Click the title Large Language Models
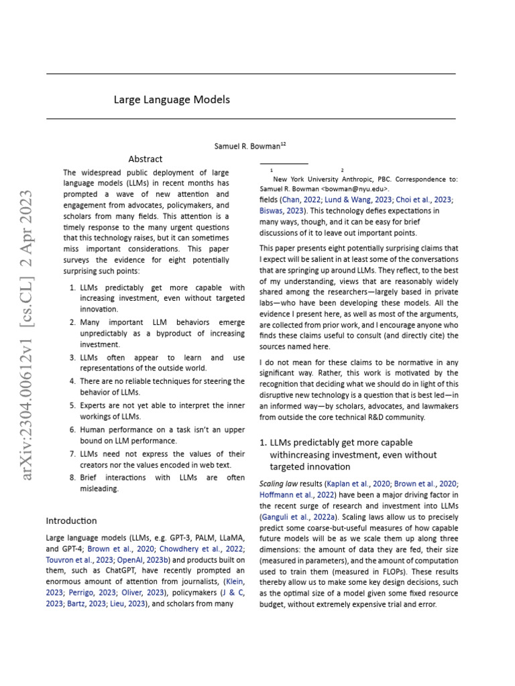pos(172,100)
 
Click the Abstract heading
pos(146,159)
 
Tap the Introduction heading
pos(71,521)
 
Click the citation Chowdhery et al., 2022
pos(201,549)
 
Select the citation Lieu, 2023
pos(127,604)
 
